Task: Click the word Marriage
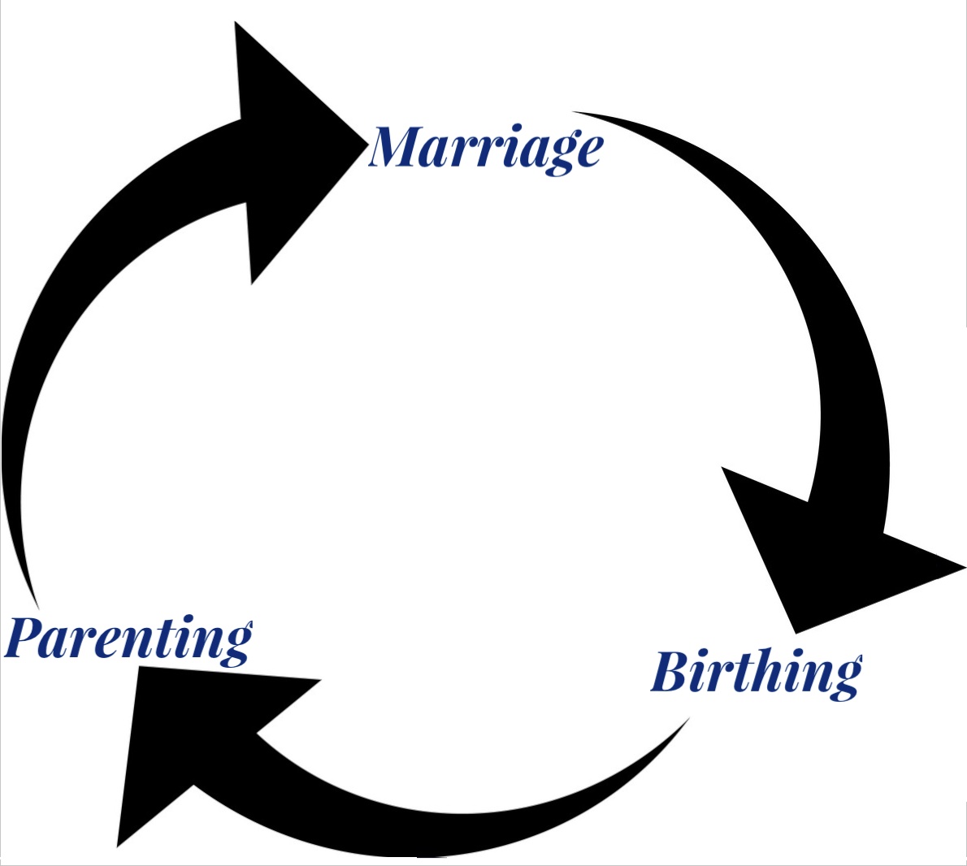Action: click(x=485, y=148)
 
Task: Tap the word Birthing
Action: click(x=756, y=673)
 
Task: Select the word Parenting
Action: click(x=128, y=639)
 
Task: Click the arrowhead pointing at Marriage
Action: click(x=290, y=148)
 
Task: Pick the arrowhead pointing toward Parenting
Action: click(x=197, y=739)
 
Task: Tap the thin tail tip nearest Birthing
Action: click(x=688, y=719)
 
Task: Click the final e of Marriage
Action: click(x=587, y=152)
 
